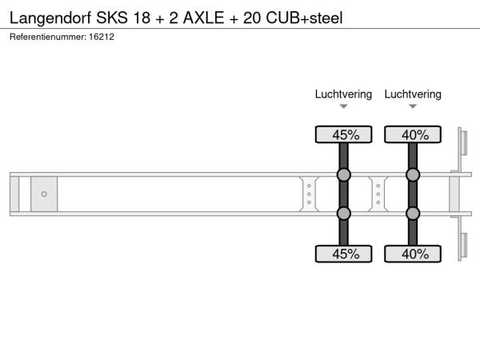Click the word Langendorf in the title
[50, 18]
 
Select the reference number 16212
[102, 37]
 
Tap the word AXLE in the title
[203, 18]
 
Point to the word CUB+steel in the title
[304, 18]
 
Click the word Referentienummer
[48, 37]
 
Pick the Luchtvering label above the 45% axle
[343, 94]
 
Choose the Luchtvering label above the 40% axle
[413, 94]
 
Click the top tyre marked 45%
[343, 134]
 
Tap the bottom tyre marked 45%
[343, 254]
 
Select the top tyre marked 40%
[413, 134]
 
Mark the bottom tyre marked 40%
[413, 254]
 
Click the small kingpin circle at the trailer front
[44, 194]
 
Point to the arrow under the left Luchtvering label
[343, 106]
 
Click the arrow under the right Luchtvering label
[413, 106]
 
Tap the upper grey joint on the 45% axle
[343, 174]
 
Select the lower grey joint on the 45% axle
[343, 214]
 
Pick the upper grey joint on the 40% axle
[413, 174]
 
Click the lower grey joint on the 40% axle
[413, 214]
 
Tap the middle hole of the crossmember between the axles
[378, 194]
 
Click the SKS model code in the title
[112, 18]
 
